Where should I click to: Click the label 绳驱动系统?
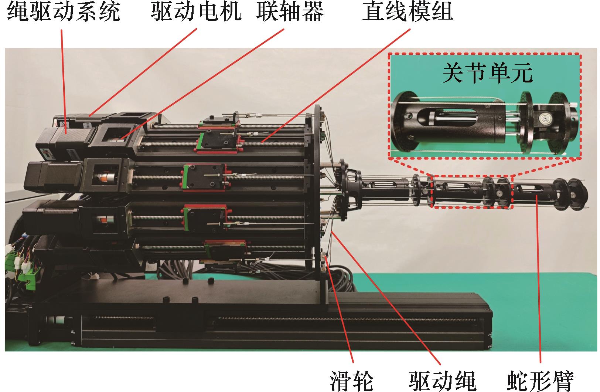[x=64, y=12]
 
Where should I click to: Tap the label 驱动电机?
[x=196, y=12]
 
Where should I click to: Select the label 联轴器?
[x=290, y=12]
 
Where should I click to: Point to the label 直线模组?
[x=408, y=12]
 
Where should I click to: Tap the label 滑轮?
[x=351, y=381]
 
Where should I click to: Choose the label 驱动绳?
[x=443, y=381]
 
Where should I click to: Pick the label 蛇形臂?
[x=541, y=381]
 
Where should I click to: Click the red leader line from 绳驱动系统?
[x=64, y=81]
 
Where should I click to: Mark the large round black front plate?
[x=318, y=193]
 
